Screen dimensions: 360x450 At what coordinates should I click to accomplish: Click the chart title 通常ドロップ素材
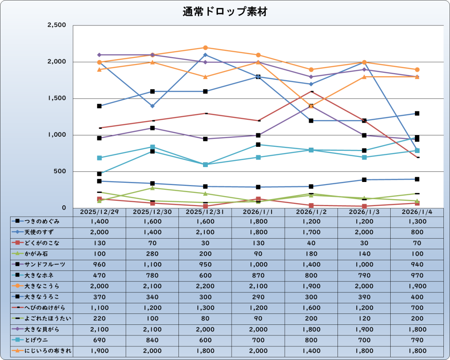click(x=225, y=12)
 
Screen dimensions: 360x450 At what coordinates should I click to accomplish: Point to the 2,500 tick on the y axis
click(x=56, y=25)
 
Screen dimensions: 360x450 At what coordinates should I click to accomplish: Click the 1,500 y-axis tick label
click(x=56, y=98)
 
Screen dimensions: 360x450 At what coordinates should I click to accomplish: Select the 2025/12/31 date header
click(x=205, y=212)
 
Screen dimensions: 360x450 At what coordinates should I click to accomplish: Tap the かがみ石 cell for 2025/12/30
click(x=152, y=254)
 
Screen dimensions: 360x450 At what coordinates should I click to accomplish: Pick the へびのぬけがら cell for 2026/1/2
click(x=311, y=308)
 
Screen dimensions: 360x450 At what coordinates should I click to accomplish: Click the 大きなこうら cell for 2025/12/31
click(x=205, y=286)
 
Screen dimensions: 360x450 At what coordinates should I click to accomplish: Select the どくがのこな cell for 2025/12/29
click(x=99, y=243)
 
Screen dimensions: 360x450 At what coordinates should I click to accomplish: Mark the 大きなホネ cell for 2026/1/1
click(x=258, y=276)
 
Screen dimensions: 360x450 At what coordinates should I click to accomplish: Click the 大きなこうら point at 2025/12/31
click(x=205, y=47)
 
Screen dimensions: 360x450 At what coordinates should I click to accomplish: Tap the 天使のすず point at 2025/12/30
click(x=152, y=106)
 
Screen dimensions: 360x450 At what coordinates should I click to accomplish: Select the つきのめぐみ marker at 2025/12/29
click(x=99, y=106)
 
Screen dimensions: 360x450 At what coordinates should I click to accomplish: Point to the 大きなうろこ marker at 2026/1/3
click(x=364, y=180)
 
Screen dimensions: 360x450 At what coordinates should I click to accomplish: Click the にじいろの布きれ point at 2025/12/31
click(x=205, y=77)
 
